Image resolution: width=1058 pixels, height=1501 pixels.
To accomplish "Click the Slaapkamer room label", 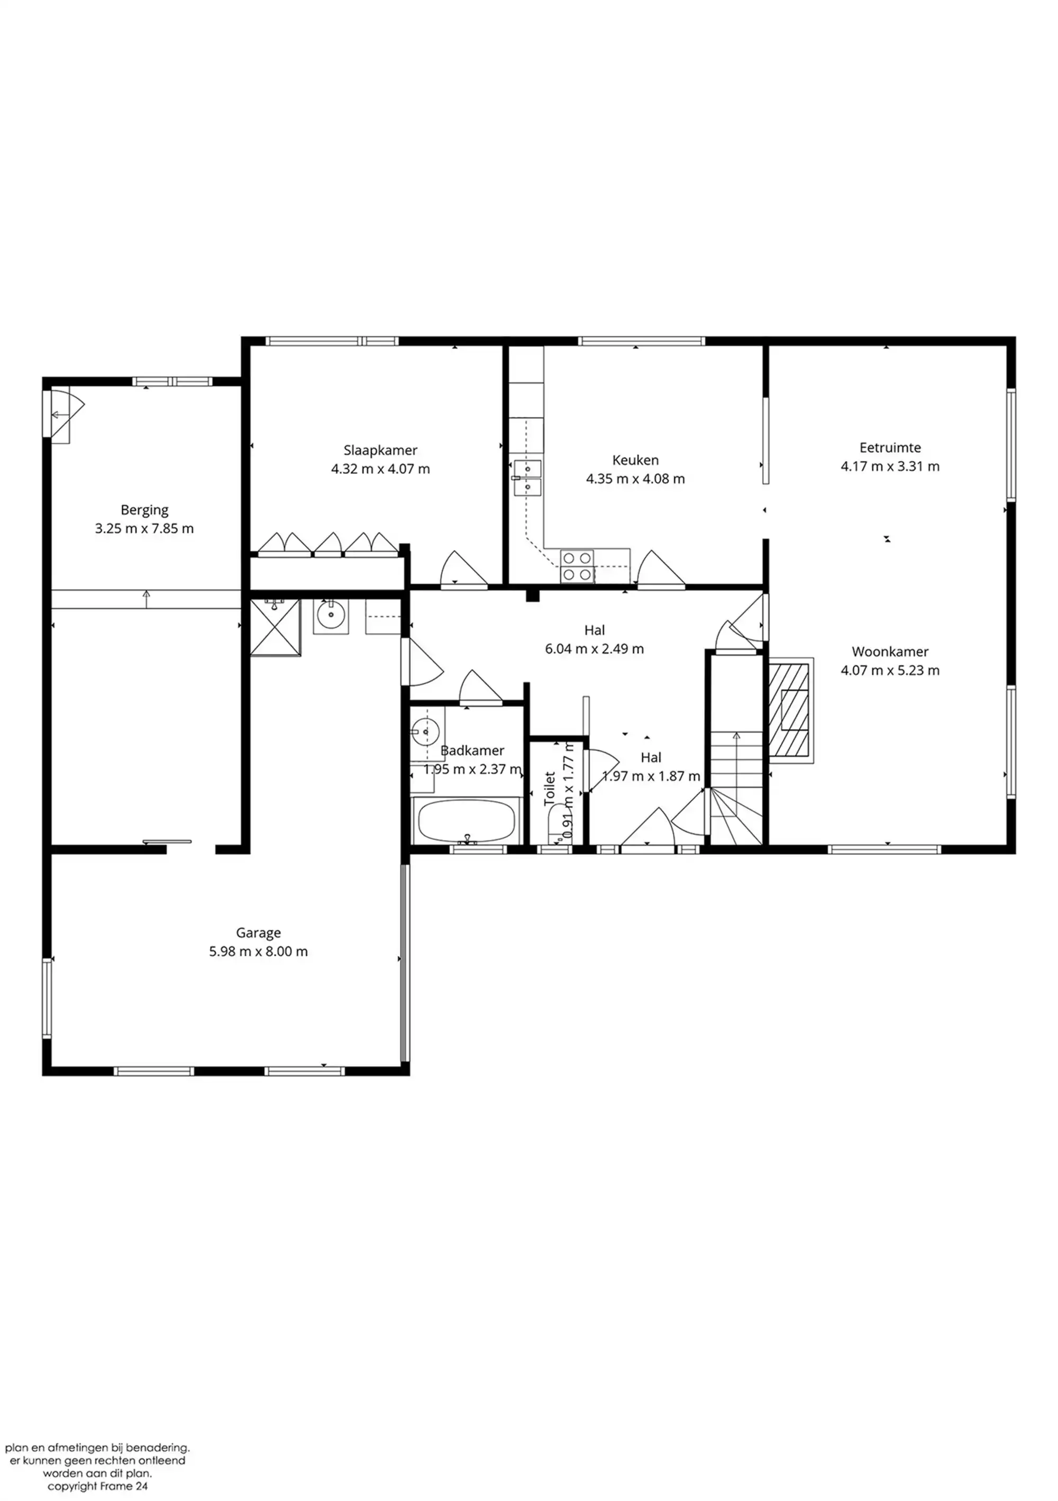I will tap(380, 451).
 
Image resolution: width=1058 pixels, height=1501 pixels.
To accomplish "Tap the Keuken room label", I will tap(635, 460).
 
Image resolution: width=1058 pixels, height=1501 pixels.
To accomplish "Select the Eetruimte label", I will tap(890, 448).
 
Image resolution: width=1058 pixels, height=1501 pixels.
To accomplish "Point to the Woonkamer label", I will tap(890, 652).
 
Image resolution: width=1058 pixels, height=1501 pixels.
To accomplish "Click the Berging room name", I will tap(144, 510).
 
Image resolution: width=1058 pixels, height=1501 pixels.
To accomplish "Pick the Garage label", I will tap(258, 933).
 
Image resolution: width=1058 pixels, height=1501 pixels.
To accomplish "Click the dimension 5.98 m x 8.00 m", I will tap(258, 952).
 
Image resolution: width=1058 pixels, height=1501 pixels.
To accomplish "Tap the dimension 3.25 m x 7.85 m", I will tap(144, 529).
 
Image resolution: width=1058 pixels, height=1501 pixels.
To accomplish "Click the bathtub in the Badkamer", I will tap(466, 821).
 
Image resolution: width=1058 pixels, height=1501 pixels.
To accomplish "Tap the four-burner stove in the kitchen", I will tap(577, 566).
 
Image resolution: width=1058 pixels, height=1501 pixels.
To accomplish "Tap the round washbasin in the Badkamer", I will tap(424, 731).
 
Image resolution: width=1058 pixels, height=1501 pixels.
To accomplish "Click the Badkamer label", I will tap(472, 751).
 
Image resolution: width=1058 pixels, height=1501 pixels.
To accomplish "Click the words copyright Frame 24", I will tap(97, 1486).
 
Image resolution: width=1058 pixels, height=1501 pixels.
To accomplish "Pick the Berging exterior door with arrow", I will tap(61, 415).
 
